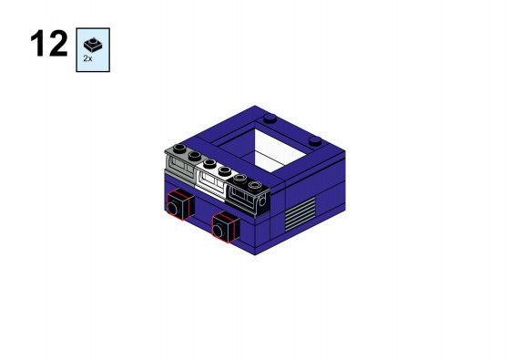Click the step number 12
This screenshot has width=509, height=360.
[49, 44]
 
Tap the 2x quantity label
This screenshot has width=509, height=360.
[87, 58]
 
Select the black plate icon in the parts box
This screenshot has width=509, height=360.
[93, 46]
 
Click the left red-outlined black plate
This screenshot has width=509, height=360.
[178, 205]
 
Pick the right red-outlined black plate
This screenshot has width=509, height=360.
[226, 227]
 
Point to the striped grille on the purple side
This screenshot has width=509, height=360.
[300, 213]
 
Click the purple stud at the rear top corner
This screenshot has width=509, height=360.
[270, 118]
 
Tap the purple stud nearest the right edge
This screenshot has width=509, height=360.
[315, 141]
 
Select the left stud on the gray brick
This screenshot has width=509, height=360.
[179, 149]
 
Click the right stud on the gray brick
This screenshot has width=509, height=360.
[195, 156]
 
